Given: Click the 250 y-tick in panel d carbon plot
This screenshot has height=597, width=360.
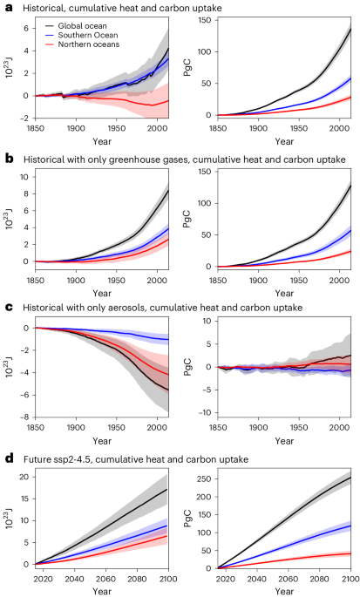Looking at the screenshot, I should point(200,478).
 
